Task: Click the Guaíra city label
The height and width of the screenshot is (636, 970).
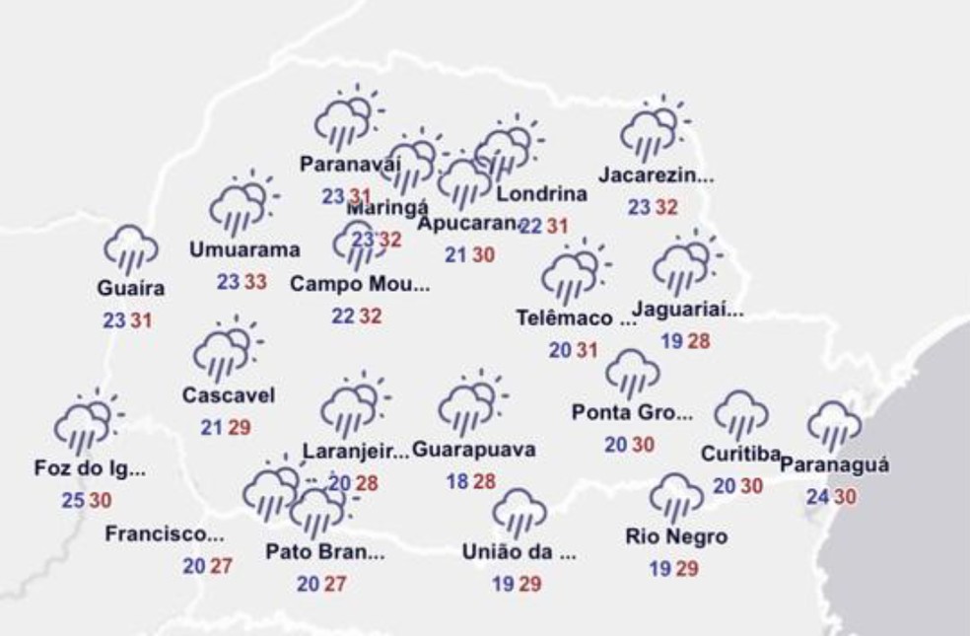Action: click(x=131, y=289)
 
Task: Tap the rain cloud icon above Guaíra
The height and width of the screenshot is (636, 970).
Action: click(x=131, y=247)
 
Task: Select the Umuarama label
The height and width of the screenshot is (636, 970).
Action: click(x=244, y=249)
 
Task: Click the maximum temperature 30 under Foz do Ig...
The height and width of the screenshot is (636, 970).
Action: click(x=101, y=501)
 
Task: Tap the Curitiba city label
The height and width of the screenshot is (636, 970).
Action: click(x=740, y=454)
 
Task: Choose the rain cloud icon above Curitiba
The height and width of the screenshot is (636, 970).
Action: click(x=740, y=414)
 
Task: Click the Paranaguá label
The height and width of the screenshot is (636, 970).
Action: click(x=835, y=464)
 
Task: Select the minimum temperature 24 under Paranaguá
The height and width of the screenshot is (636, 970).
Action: click(x=816, y=498)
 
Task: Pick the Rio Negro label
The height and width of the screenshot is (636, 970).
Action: click(x=676, y=537)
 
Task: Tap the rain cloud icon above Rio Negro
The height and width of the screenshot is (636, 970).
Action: click(x=676, y=496)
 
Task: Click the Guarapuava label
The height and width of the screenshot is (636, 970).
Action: click(x=474, y=451)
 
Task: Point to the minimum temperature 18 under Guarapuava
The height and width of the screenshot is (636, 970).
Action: click(x=456, y=481)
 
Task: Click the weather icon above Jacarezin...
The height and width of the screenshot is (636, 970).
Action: click(x=652, y=129)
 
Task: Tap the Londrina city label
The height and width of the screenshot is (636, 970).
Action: click(x=541, y=194)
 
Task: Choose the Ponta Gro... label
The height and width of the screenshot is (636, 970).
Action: click(x=632, y=412)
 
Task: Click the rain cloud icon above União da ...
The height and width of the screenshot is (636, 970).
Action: click(x=519, y=511)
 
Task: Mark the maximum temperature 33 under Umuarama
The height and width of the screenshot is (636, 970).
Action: click(x=255, y=283)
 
